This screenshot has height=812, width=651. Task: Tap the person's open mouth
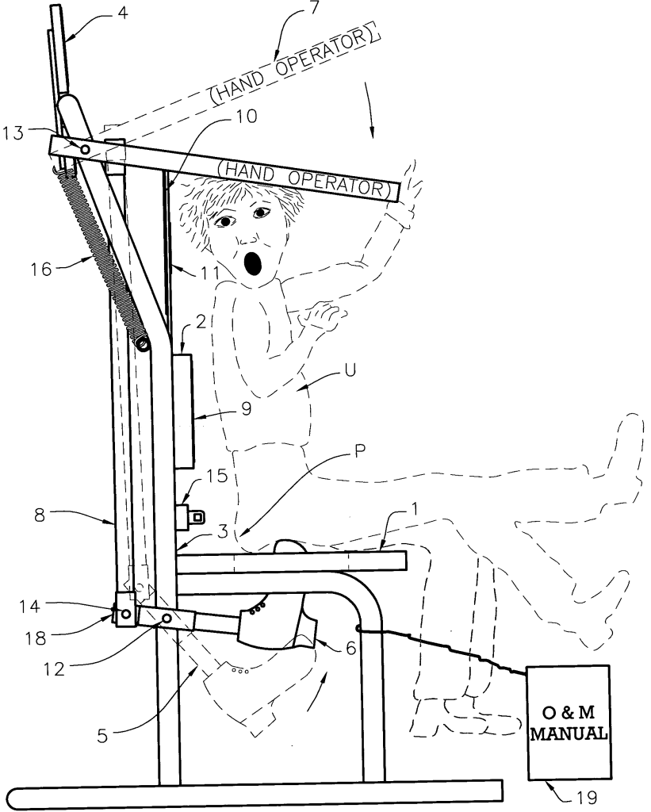(x=253, y=264)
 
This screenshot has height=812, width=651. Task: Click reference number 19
(x=587, y=798)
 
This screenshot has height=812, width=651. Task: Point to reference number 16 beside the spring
(x=42, y=269)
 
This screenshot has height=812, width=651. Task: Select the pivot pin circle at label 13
(x=84, y=149)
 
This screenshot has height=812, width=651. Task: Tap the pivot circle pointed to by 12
(x=167, y=619)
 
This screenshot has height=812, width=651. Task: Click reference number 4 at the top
(x=123, y=13)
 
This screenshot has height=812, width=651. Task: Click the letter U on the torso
(x=350, y=371)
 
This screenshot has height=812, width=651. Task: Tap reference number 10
(x=247, y=116)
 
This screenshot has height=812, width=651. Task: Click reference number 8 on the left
(x=40, y=515)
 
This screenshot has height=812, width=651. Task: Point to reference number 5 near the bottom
(x=102, y=735)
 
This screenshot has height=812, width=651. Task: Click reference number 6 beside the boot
(x=350, y=647)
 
